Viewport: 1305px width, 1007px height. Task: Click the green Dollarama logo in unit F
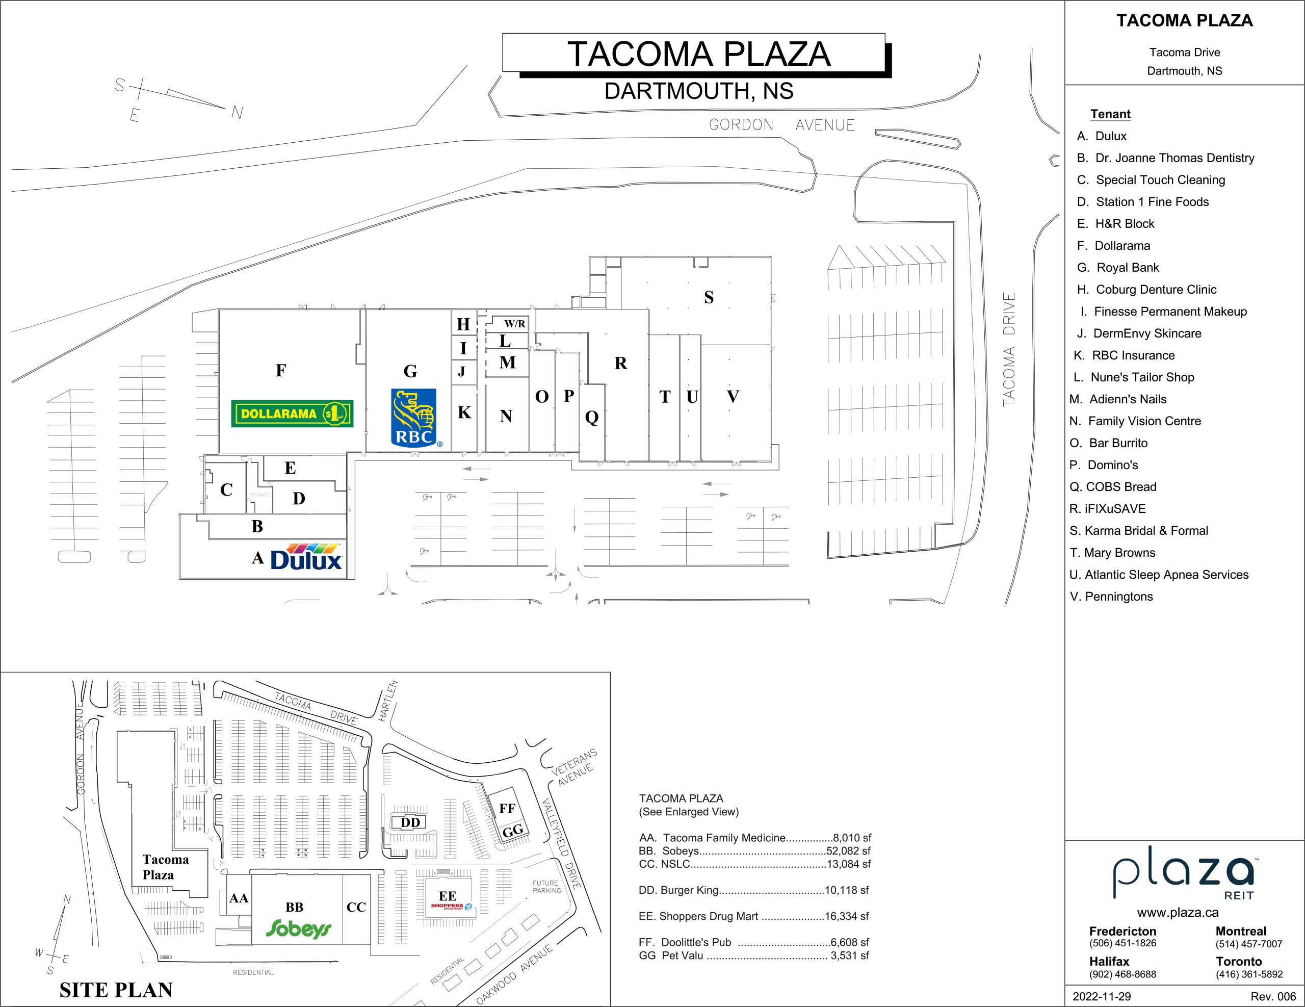point(292,414)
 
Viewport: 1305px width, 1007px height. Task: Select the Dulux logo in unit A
point(306,556)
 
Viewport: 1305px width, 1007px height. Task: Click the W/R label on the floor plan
point(514,324)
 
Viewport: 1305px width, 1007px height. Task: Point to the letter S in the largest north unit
point(709,297)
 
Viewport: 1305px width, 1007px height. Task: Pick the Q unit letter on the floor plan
point(591,417)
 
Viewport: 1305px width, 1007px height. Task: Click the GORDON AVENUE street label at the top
point(781,125)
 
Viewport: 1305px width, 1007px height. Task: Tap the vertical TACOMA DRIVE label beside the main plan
point(1009,350)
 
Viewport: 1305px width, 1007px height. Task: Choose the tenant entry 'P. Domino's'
point(1104,465)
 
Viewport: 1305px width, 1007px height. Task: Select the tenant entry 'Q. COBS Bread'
point(1113,487)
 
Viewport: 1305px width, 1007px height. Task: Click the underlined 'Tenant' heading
point(1110,114)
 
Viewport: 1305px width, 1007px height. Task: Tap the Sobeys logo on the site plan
point(298,928)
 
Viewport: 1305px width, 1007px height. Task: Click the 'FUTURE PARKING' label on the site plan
point(547,887)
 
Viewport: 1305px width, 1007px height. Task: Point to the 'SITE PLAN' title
point(116,990)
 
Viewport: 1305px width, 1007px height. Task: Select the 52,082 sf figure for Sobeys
point(848,851)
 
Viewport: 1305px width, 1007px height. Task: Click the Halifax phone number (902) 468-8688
point(1122,974)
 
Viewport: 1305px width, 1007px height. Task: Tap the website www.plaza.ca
point(1178,913)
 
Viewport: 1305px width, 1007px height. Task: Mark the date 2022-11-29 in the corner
point(1101,996)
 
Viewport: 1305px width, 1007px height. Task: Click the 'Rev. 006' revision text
point(1273,996)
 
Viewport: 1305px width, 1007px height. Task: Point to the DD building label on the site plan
point(410,822)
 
